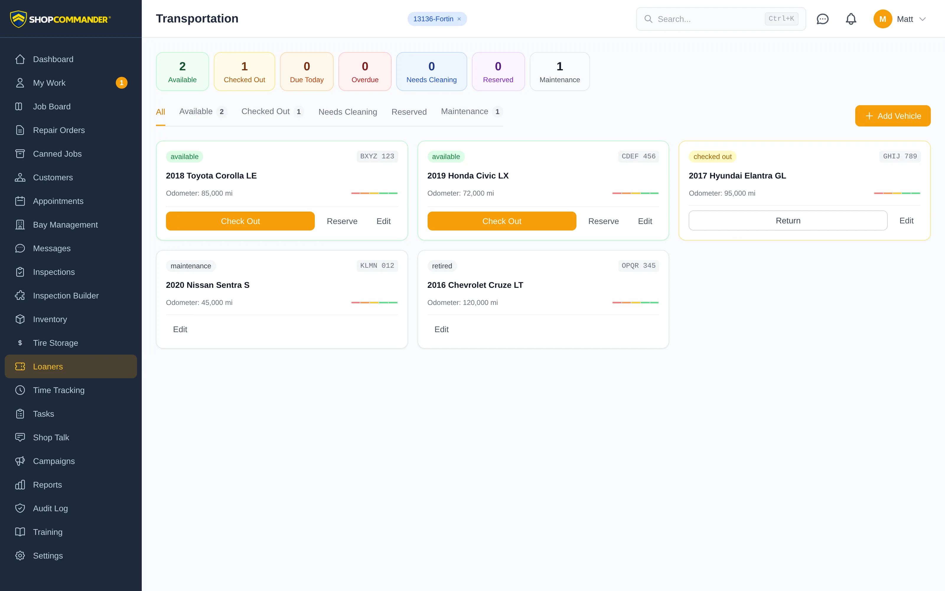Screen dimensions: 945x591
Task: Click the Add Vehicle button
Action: pos(893,116)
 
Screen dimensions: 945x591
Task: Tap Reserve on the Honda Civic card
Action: pos(603,221)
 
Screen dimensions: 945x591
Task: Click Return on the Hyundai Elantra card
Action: pos(788,220)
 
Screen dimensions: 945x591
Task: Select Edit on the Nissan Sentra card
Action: pos(180,329)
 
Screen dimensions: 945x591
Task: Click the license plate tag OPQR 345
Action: pos(638,266)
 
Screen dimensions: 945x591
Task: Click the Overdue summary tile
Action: pos(365,72)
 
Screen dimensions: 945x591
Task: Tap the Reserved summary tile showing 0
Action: pos(498,72)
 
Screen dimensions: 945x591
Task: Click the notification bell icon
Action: pos(851,19)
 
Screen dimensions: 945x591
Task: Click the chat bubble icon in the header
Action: pos(822,19)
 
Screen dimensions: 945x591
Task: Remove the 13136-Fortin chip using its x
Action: pos(459,19)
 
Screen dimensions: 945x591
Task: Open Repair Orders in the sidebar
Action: pos(58,130)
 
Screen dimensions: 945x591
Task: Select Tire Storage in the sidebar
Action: pos(56,343)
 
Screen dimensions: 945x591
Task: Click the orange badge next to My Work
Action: pos(121,83)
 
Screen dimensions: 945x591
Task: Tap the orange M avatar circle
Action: pos(882,19)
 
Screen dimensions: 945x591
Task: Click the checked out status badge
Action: pos(712,157)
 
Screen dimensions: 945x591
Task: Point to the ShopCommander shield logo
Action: pos(18,19)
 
